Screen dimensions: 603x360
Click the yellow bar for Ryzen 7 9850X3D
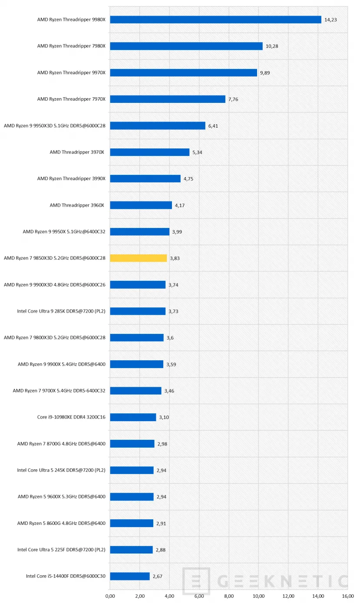click(x=138, y=258)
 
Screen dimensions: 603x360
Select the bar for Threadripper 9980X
click(x=215, y=20)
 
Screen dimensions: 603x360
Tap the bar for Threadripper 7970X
click(x=168, y=99)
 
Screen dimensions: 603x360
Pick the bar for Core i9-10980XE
click(x=133, y=417)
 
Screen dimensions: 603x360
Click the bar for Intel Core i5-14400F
click(x=130, y=576)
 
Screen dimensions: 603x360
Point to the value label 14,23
click(x=331, y=20)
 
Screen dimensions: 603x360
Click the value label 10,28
click(x=272, y=46)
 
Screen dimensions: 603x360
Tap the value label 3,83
click(x=175, y=258)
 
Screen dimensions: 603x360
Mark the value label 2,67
click(x=158, y=577)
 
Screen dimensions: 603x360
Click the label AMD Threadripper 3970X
click(x=77, y=152)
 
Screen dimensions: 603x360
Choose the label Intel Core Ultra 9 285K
click(x=61, y=311)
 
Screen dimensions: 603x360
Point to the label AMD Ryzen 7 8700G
click(x=61, y=444)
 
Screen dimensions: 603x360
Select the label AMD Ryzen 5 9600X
click(x=62, y=497)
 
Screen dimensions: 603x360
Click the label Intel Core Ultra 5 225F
click(x=61, y=550)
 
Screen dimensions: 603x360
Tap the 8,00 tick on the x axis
click(x=229, y=596)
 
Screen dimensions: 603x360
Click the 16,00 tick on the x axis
click(x=348, y=596)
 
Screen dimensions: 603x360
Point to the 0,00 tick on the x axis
click(x=110, y=596)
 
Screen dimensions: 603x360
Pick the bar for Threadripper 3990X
click(x=145, y=178)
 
